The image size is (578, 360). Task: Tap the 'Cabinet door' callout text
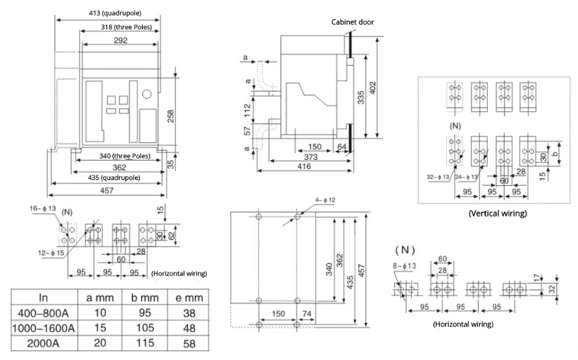[353, 21]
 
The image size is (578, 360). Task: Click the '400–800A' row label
[44, 313]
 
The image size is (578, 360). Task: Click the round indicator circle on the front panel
[145, 92]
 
